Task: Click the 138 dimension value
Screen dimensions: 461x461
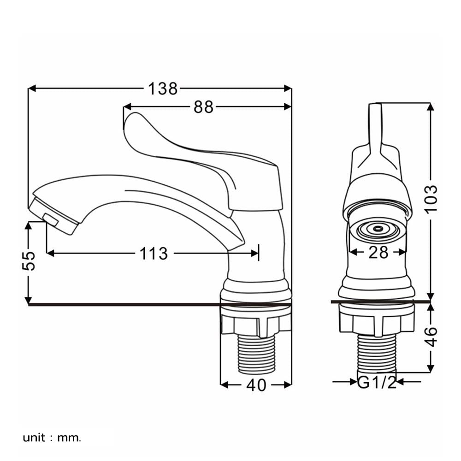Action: tap(163, 89)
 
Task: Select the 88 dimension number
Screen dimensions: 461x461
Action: tap(203, 107)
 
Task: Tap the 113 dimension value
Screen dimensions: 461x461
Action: tap(154, 254)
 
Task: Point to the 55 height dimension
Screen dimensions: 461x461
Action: tap(29, 260)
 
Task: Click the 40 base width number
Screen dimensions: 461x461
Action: tap(256, 385)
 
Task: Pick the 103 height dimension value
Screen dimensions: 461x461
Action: tap(431, 198)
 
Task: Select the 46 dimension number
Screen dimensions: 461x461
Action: tap(431, 337)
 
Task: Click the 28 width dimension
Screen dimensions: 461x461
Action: tap(378, 252)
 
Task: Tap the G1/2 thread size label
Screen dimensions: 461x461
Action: tap(377, 382)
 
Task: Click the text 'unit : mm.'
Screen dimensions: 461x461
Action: tap(52, 438)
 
